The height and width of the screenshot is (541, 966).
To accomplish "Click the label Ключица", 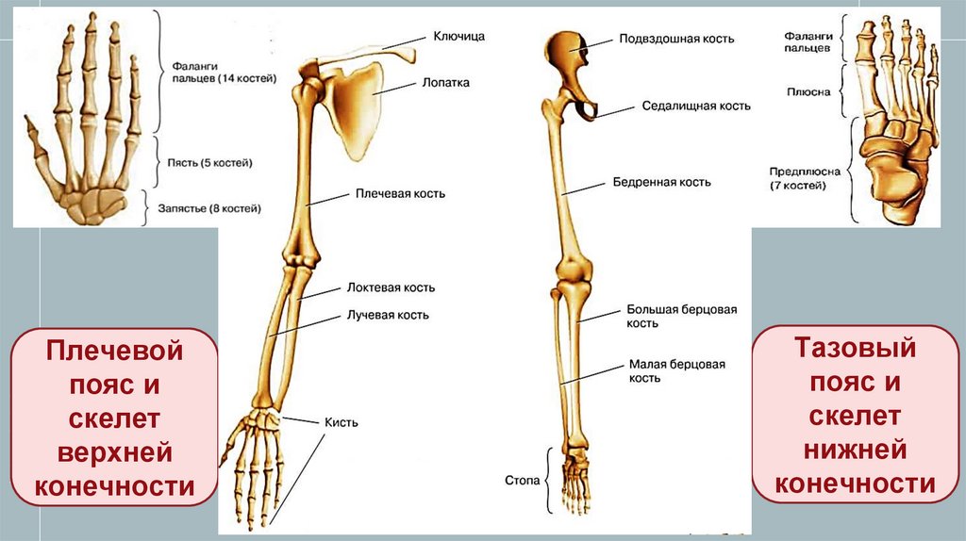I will click(458, 36).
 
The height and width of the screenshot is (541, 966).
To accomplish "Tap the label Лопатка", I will click(447, 83).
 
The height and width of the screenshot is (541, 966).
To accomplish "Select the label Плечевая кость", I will click(400, 193).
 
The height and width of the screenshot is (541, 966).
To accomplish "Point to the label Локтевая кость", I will click(391, 287).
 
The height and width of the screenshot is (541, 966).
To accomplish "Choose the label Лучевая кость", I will click(389, 315).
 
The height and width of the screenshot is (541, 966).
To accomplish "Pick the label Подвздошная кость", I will click(676, 40).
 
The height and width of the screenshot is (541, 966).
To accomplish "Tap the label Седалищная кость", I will click(696, 106).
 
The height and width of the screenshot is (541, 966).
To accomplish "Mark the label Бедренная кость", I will click(661, 182).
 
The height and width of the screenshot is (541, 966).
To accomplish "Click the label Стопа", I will click(524, 481).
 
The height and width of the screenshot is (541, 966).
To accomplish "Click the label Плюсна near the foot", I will click(808, 91).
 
